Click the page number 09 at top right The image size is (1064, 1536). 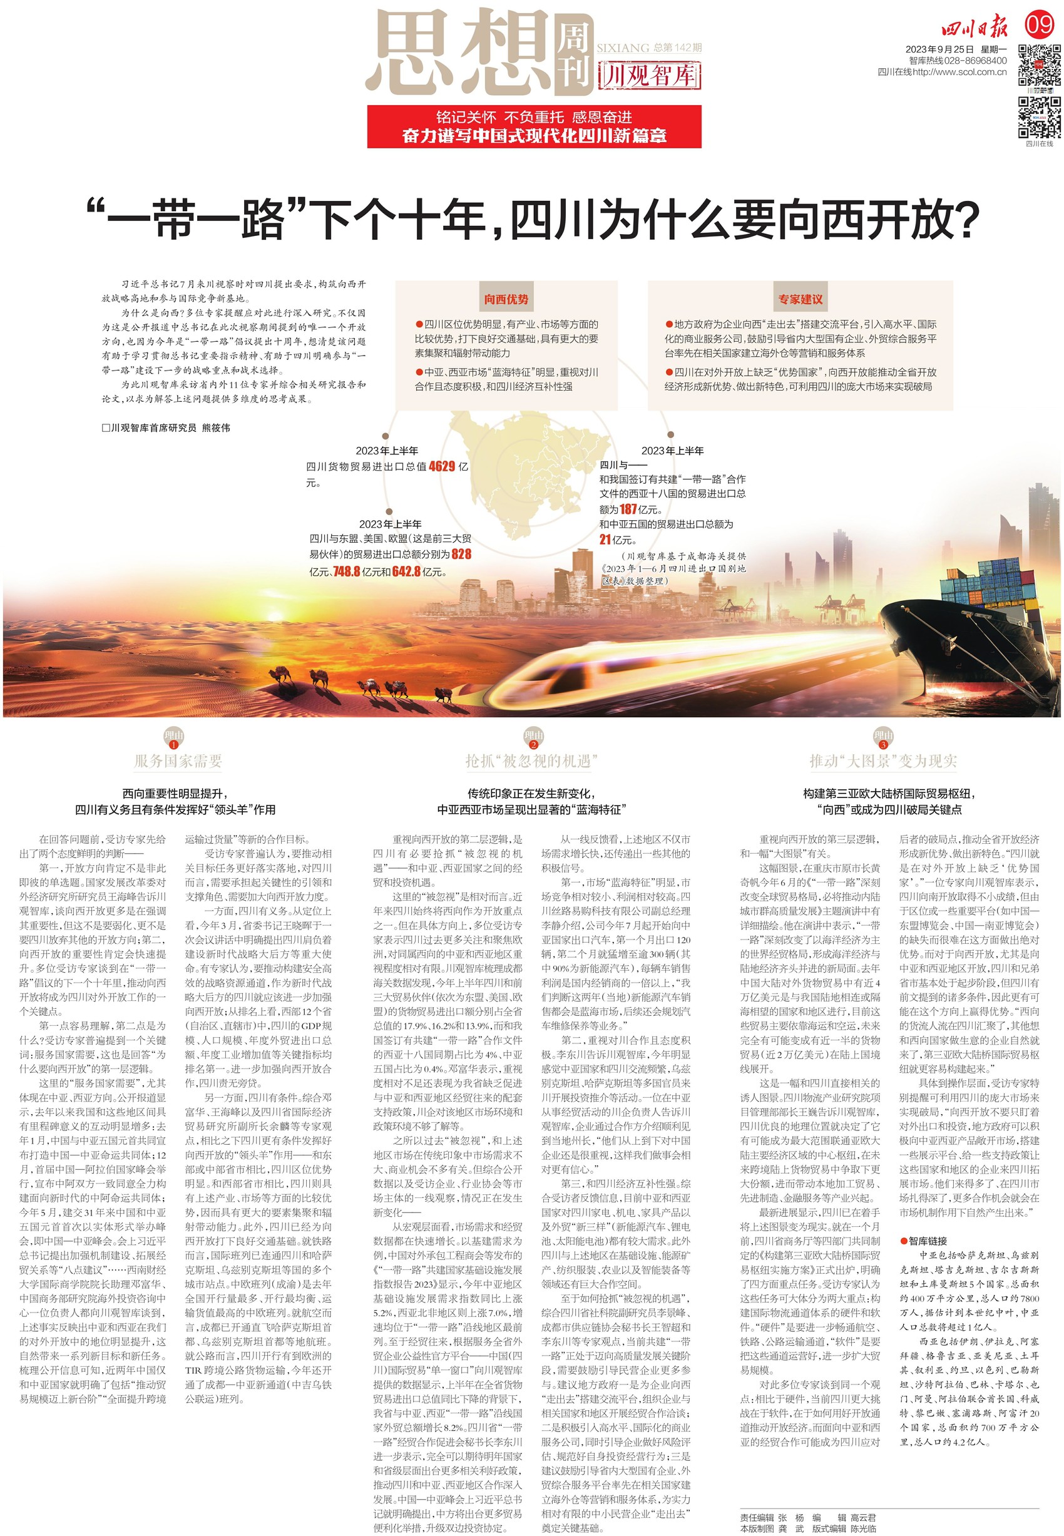(x=1040, y=25)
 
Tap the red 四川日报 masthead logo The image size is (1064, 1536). (x=974, y=28)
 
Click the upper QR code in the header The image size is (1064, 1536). (x=1039, y=64)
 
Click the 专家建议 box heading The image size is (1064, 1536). (x=800, y=299)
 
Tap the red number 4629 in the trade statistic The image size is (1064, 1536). (x=442, y=467)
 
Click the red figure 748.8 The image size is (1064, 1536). (x=347, y=571)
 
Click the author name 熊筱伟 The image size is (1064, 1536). (x=216, y=428)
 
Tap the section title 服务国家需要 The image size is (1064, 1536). (x=178, y=760)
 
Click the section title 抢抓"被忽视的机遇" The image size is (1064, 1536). (x=531, y=760)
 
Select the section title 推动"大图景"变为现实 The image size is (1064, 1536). (x=883, y=760)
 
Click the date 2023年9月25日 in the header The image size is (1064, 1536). (x=939, y=49)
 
